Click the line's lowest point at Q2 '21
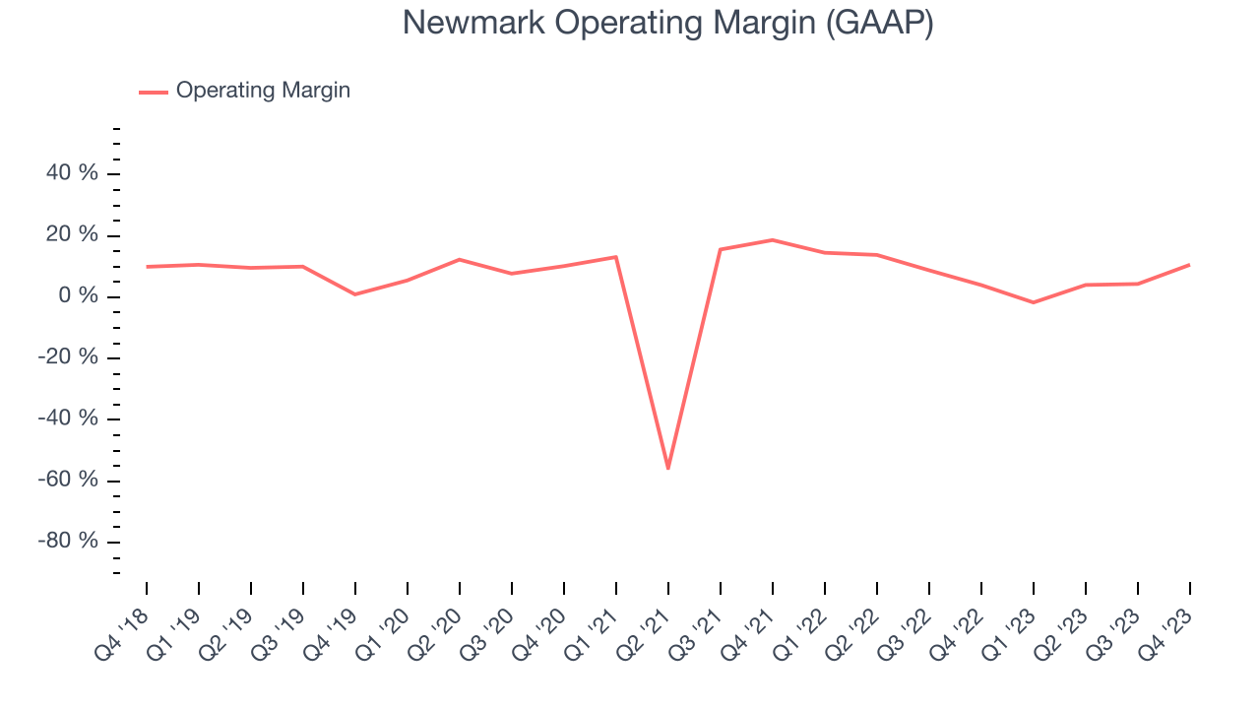tap(668, 468)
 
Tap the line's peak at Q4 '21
tap(773, 240)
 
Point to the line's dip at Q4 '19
tap(355, 294)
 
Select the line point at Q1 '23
tap(1034, 302)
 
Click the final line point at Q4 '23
tap(1189, 265)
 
